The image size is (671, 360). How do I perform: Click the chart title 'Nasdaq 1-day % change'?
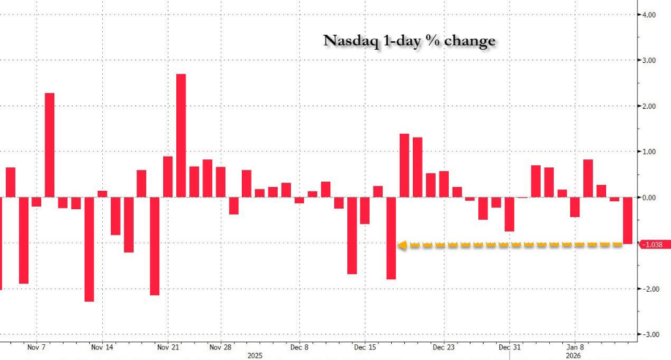click(409, 41)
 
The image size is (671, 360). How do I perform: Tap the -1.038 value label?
click(655, 245)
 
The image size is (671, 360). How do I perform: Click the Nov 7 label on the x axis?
click(36, 348)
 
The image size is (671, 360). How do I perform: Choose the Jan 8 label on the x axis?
click(575, 348)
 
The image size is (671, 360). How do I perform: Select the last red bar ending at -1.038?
click(627, 220)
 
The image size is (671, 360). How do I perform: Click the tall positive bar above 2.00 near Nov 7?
click(49, 144)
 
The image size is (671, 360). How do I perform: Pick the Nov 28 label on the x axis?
click(221, 348)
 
